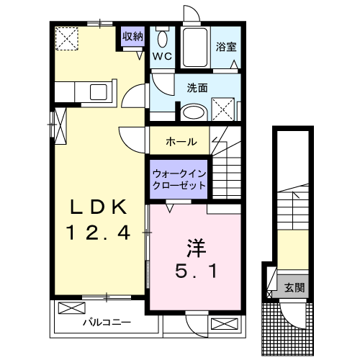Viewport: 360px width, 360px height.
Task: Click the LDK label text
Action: [x=100, y=207]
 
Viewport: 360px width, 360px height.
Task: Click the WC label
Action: [x=161, y=55]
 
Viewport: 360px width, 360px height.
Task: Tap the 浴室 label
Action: [x=226, y=48]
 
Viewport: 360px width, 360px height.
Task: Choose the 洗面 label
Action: [x=197, y=89]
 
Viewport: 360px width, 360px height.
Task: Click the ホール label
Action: [x=181, y=140]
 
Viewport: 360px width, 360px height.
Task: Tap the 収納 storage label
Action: [x=132, y=36]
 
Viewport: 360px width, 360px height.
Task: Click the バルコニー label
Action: [x=106, y=323]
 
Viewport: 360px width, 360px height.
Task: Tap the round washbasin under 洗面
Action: [x=192, y=112]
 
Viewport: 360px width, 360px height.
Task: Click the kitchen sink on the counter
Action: [x=97, y=92]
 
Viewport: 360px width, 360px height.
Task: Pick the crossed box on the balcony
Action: [x=71, y=308]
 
